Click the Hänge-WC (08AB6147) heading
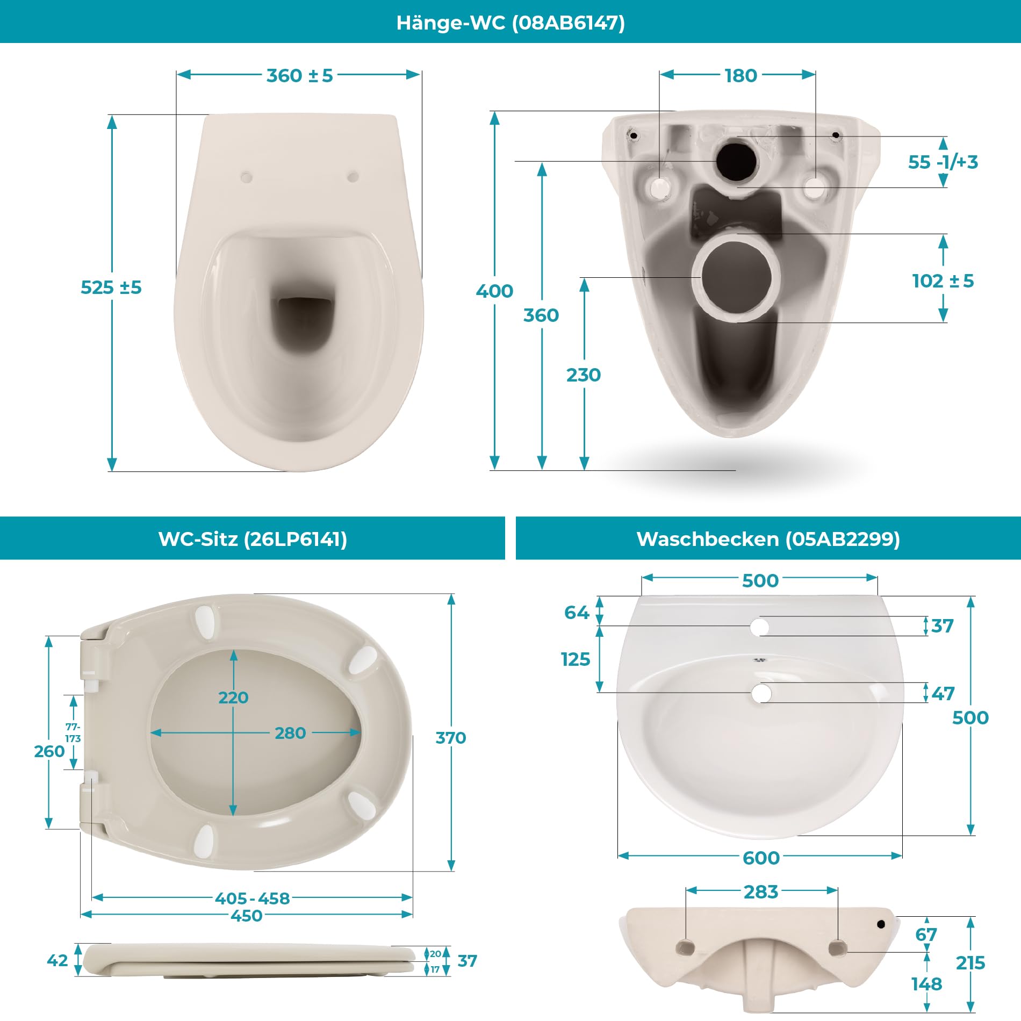click(x=510, y=23)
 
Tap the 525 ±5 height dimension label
click(x=111, y=287)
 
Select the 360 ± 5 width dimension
click(x=300, y=76)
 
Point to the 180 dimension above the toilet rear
click(x=741, y=76)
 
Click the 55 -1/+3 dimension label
click(x=943, y=162)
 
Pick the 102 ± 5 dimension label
click(x=943, y=281)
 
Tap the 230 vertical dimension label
click(x=584, y=375)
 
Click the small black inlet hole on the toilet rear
click(x=736, y=160)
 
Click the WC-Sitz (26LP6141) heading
click(x=253, y=538)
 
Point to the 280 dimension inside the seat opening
click(x=290, y=733)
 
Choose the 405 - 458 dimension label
click(x=252, y=898)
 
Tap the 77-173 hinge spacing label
click(x=73, y=732)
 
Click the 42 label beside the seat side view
click(x=57, y=960)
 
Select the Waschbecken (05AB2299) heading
click(x=768, y=538)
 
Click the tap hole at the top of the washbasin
click(x=760, y=627)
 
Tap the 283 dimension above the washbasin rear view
click(x=761, y=892)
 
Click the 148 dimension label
click(x=926, y=984)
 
